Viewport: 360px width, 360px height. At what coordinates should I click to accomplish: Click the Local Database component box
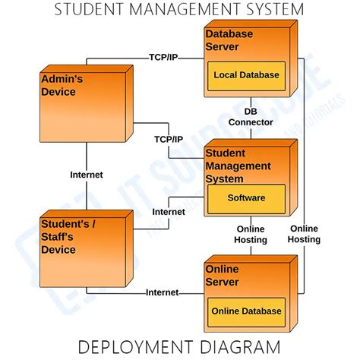click(x=245, y=75)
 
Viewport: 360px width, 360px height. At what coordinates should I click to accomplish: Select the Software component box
click(x=246, y=197)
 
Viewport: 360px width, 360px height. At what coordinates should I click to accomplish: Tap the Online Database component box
click(x=246, y=311)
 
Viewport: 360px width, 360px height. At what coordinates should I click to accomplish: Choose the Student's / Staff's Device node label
click(x=69, y=236)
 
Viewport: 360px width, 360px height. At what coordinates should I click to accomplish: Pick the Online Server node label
click(x=223, y=275)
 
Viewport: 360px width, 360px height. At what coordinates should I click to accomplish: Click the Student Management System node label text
click(x=238, y=166)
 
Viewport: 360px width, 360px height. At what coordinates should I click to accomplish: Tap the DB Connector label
click(x=251, y=116)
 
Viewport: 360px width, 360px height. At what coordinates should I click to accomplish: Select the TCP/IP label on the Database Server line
click(x=163, y=57)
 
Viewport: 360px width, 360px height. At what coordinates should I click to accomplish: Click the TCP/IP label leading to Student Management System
click(x=169, y=140)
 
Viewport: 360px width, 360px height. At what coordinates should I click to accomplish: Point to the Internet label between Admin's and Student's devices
click(x=86, y=174)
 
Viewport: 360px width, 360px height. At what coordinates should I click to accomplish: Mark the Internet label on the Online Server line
click(x=162, y=292)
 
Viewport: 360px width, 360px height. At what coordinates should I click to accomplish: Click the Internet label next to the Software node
click(x=169, y=212)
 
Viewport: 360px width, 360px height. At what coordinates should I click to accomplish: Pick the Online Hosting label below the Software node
click(x=251, y=234)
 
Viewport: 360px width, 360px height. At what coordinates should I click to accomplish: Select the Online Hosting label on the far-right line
click(x=305, y=234)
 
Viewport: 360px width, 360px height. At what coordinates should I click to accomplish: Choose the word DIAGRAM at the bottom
click(x=242, y=348)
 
